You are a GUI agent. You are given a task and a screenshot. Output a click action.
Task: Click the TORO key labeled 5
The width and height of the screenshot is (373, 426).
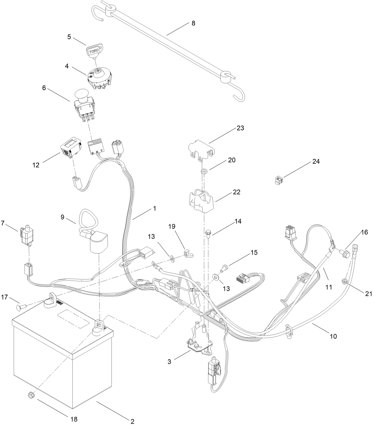pyautogui.click(x=94, y=50)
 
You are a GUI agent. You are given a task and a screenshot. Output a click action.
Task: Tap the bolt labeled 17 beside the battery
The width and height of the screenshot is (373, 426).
pyautogui.click(x=22, y=305)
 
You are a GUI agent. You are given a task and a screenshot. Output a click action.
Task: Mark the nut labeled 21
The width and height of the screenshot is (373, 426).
pyautogui.click(x=345, y=281)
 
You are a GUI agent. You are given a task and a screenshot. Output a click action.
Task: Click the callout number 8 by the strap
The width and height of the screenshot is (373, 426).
pyautogui.click(x=193, y=23)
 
